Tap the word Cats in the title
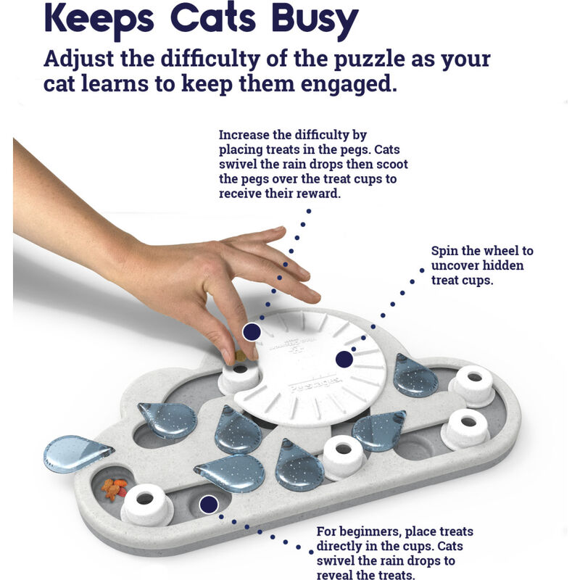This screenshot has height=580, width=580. tap(213, 17)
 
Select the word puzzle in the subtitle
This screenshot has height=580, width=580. tap(369, 60)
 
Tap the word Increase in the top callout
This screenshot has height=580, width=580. tap(244, 135)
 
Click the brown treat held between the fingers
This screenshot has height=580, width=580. tap(240, 356)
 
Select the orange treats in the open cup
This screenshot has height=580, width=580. tap(114, 489)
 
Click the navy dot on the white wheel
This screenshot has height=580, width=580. tap(344, 359)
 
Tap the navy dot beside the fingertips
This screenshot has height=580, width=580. tap(252, 331)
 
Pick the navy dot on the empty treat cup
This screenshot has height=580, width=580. tap(209, 504)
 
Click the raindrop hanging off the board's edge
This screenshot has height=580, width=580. tap(76, 453)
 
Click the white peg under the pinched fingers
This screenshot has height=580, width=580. tap(239, 376)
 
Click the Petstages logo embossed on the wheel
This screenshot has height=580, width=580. tap(315, 384)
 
